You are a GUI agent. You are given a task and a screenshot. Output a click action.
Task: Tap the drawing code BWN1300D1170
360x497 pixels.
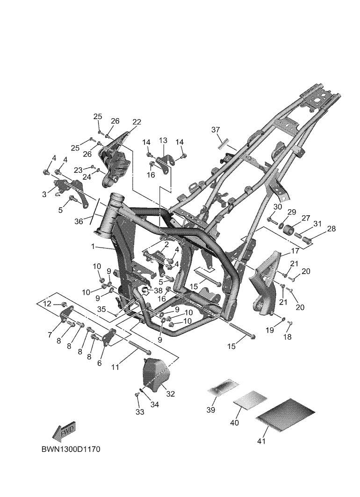click(x=70, y=449)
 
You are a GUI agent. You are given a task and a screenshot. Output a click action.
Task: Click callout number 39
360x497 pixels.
click(x=210, y=410)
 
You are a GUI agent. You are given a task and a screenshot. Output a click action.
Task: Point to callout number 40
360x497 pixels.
click(x=235, y=422)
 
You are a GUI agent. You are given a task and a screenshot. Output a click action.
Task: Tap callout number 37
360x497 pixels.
click(x=216, y=129)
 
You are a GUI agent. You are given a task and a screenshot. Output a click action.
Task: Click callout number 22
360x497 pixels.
click(x=137, y=122)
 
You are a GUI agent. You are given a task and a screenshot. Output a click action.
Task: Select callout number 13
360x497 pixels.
click(x=163, y=141)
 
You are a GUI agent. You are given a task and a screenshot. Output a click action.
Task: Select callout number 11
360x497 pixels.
click(x=115, y=367)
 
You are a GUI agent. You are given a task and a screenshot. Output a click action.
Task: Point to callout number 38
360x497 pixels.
click(x=158, y=291)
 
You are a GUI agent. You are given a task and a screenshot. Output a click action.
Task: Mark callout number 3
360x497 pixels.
click(x=44, y=194)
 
